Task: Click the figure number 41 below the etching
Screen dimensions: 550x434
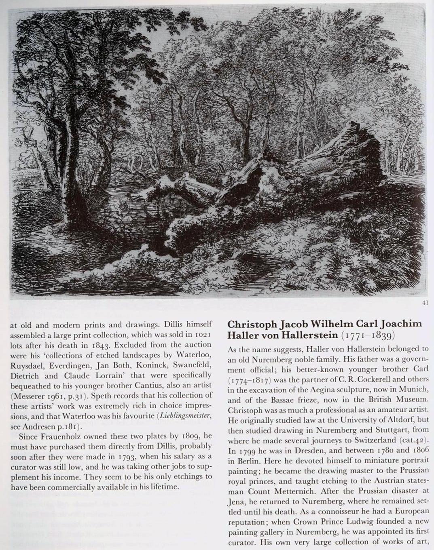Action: [425, 303]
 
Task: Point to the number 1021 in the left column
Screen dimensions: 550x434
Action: [203, 335]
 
